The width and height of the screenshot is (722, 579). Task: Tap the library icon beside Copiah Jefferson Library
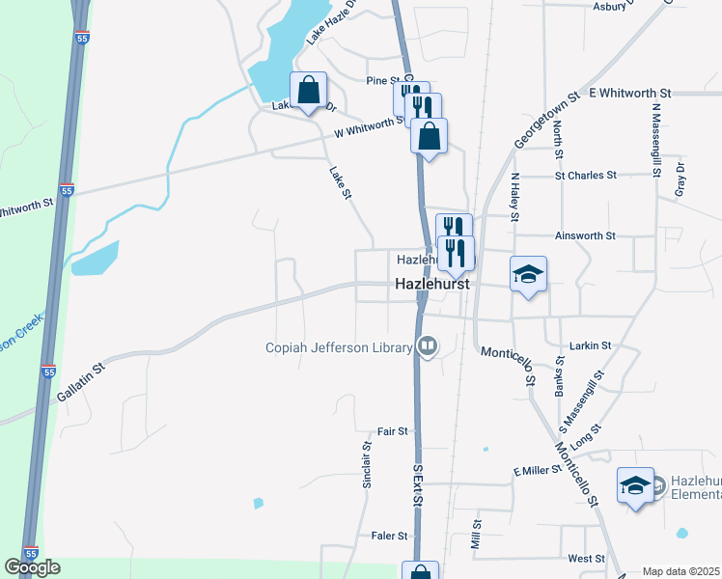pos(427,346)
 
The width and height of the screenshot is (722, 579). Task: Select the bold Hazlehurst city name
pos(432,286)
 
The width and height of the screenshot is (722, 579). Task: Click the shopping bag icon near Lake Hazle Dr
pos(308,92)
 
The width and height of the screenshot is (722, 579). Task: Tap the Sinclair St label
pos(367,464)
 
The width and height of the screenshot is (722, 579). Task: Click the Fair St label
pos(393,431)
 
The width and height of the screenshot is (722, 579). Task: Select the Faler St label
pos(390,536)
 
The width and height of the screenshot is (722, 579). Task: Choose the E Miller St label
pos(538,471)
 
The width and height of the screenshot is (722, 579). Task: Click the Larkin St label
pos(592,345)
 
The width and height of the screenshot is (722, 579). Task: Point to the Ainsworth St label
pos(585,235)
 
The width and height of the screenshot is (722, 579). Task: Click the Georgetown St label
pos(546,120)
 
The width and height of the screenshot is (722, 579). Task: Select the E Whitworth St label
pos(620,93)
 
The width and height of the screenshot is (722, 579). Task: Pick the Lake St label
pos(339,183)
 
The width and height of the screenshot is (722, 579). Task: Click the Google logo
pos(32,567)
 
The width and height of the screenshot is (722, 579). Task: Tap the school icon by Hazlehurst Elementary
pos(635,485)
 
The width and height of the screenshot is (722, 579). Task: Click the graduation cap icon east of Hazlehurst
pos(528,274)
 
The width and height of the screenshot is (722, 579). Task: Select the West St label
pos(586,559)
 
